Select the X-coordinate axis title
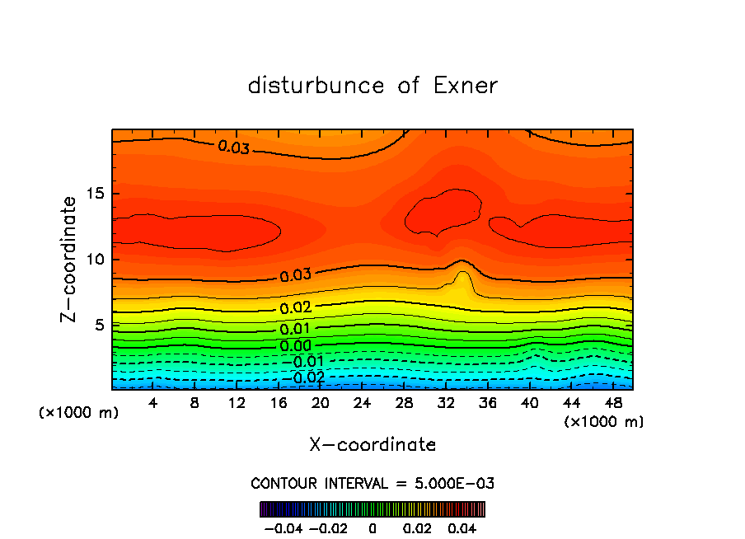tap(372, 445)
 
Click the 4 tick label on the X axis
tap(153, 403)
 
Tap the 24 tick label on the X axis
tap(362, 403)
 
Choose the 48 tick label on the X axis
tap(612, 403)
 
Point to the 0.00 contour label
tap(295, 346)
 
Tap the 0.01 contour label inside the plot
tap(295, 330)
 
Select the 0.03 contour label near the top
tap(233, 148)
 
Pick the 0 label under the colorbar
tap(372, 527)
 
